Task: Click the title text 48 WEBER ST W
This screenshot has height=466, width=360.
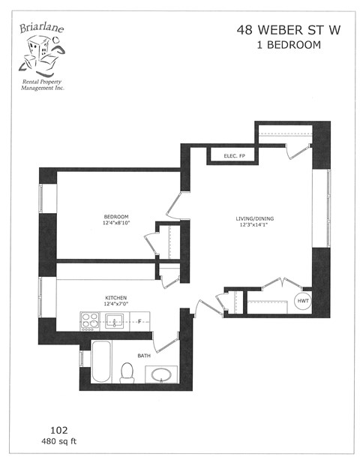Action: pyautogui.click(x=278, y=31)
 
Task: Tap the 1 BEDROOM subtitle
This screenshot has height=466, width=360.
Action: pyautogui.click(x=278, y=45)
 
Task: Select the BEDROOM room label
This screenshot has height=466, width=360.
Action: pyautogui.click(x=116, y=217)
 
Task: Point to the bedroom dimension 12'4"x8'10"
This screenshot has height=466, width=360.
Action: pyautogui.click(x=116, y=224)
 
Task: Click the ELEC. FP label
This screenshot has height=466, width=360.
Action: pyautogui.click(x=236, y=156)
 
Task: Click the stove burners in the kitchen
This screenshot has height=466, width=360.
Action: pyautogui.click(x=88, y=322)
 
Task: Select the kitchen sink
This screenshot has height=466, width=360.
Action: pyautogui.click(x=114, y=322)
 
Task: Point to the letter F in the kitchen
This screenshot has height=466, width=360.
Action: pyautogui.click(x=139, y=322)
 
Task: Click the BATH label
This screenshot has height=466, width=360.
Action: pyautogui.click(x=142, y=356)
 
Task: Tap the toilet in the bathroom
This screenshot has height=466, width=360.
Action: pyautogui.click(x=127, y=372)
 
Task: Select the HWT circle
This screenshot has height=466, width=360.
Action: pyautogui.click(x=302, y=301)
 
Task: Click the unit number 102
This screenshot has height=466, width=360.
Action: pyautogui.click(x=58, y=431)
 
